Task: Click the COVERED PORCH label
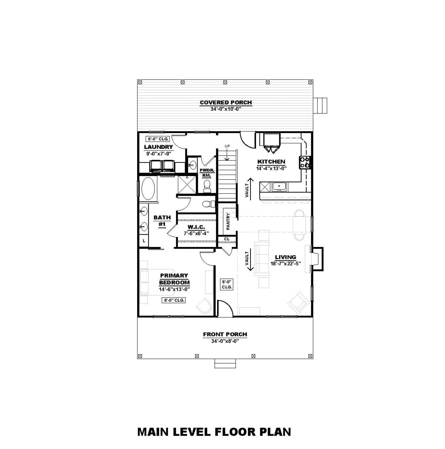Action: click(x=226, y=103)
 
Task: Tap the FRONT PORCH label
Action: click(x=225, y=334)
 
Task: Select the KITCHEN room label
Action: click(x=271, y=161)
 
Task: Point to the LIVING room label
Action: click(x=285, y=257)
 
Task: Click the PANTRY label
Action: click(x=228, y=221)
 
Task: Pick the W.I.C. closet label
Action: click(x=196, y=227)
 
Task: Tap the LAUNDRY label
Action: click(x=158, y=147)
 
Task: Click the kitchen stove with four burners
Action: click(x=304, y=162)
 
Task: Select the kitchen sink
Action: click(x=280, y=187)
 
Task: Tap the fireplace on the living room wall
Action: click(x=317, y=259)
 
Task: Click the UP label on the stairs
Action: click(x=227, y=146)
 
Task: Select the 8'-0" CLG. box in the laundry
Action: click(x=158, y=139)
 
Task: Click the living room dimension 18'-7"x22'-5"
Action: click(x=285, y=263)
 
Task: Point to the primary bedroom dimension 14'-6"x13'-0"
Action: click(x=174, y=289)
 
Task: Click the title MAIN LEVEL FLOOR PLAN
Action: click(x=214, y=412)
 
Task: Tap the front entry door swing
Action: click(x=225, y=308)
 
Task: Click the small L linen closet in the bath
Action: click(x=144, y=241)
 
